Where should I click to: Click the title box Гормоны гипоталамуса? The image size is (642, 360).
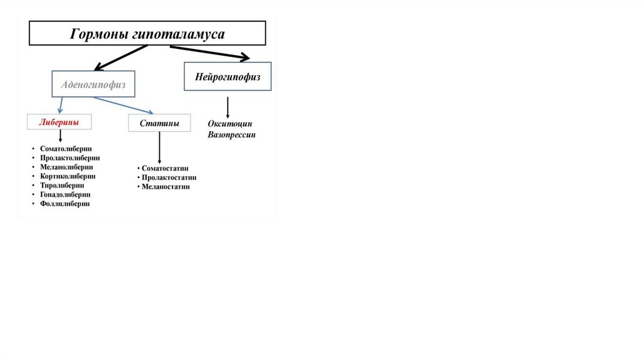tap(147, 34)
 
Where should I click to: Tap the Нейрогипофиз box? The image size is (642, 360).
tap(228, 77)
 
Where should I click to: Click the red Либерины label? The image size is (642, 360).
tap(59, 122)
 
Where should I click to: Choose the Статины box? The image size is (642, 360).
tap(159, 124)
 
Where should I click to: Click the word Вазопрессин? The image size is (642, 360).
tap(232, 135)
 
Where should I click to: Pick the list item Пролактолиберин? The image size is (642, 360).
tap(70, 159)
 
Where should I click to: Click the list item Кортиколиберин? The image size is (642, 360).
tap(68, 177)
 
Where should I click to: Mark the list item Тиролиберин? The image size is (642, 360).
tap(62, 186)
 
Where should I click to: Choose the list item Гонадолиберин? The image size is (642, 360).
tap(65, 195)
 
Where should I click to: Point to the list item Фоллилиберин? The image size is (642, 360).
tap(65, 204)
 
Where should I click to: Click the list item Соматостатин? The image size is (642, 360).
tap(165, 169)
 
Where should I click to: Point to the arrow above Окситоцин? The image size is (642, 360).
tap(227, 107)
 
